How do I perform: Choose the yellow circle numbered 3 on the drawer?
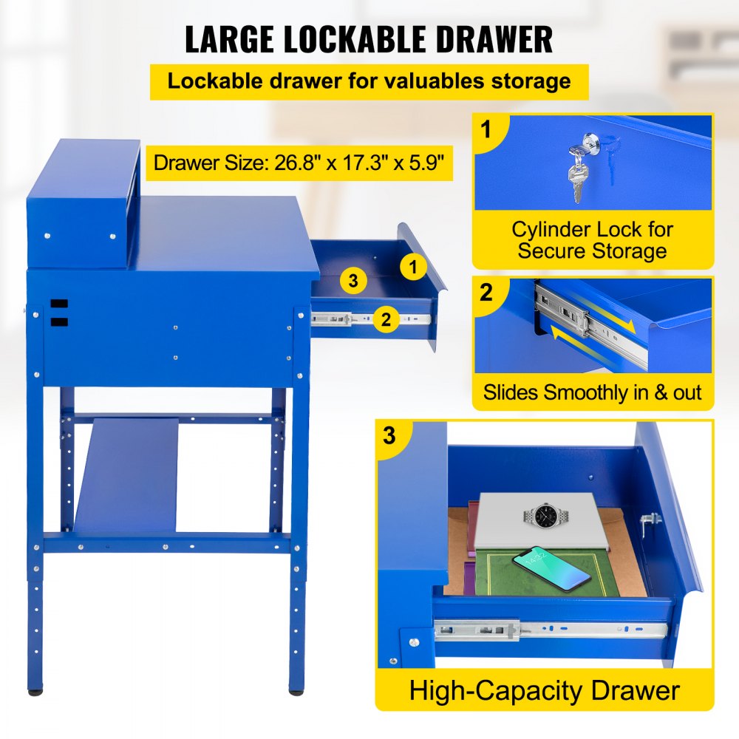click(354, 281)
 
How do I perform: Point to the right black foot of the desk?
click(296, 692)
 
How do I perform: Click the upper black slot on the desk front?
click(59, 304)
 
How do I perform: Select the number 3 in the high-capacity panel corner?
click(389, 436)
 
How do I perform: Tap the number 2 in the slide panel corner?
click(486, 293)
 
